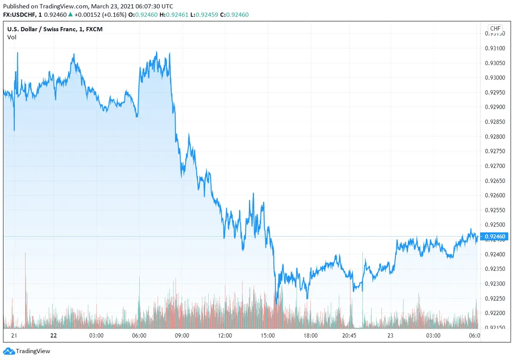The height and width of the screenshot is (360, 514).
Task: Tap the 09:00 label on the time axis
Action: (x=182, y=336)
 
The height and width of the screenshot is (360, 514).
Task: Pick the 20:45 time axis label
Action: (x=353, y=336)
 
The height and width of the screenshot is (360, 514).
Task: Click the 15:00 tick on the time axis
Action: (x=268, y=336)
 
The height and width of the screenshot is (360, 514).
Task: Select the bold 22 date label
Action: (x=53, y=336)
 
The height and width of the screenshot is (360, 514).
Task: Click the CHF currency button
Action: (x=495, y=29)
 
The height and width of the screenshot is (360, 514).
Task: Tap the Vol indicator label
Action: (x=12, y=37)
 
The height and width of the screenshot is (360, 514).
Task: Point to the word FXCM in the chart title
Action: (x=94, y=29)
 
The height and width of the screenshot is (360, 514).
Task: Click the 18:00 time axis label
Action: (x=311, y=336)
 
